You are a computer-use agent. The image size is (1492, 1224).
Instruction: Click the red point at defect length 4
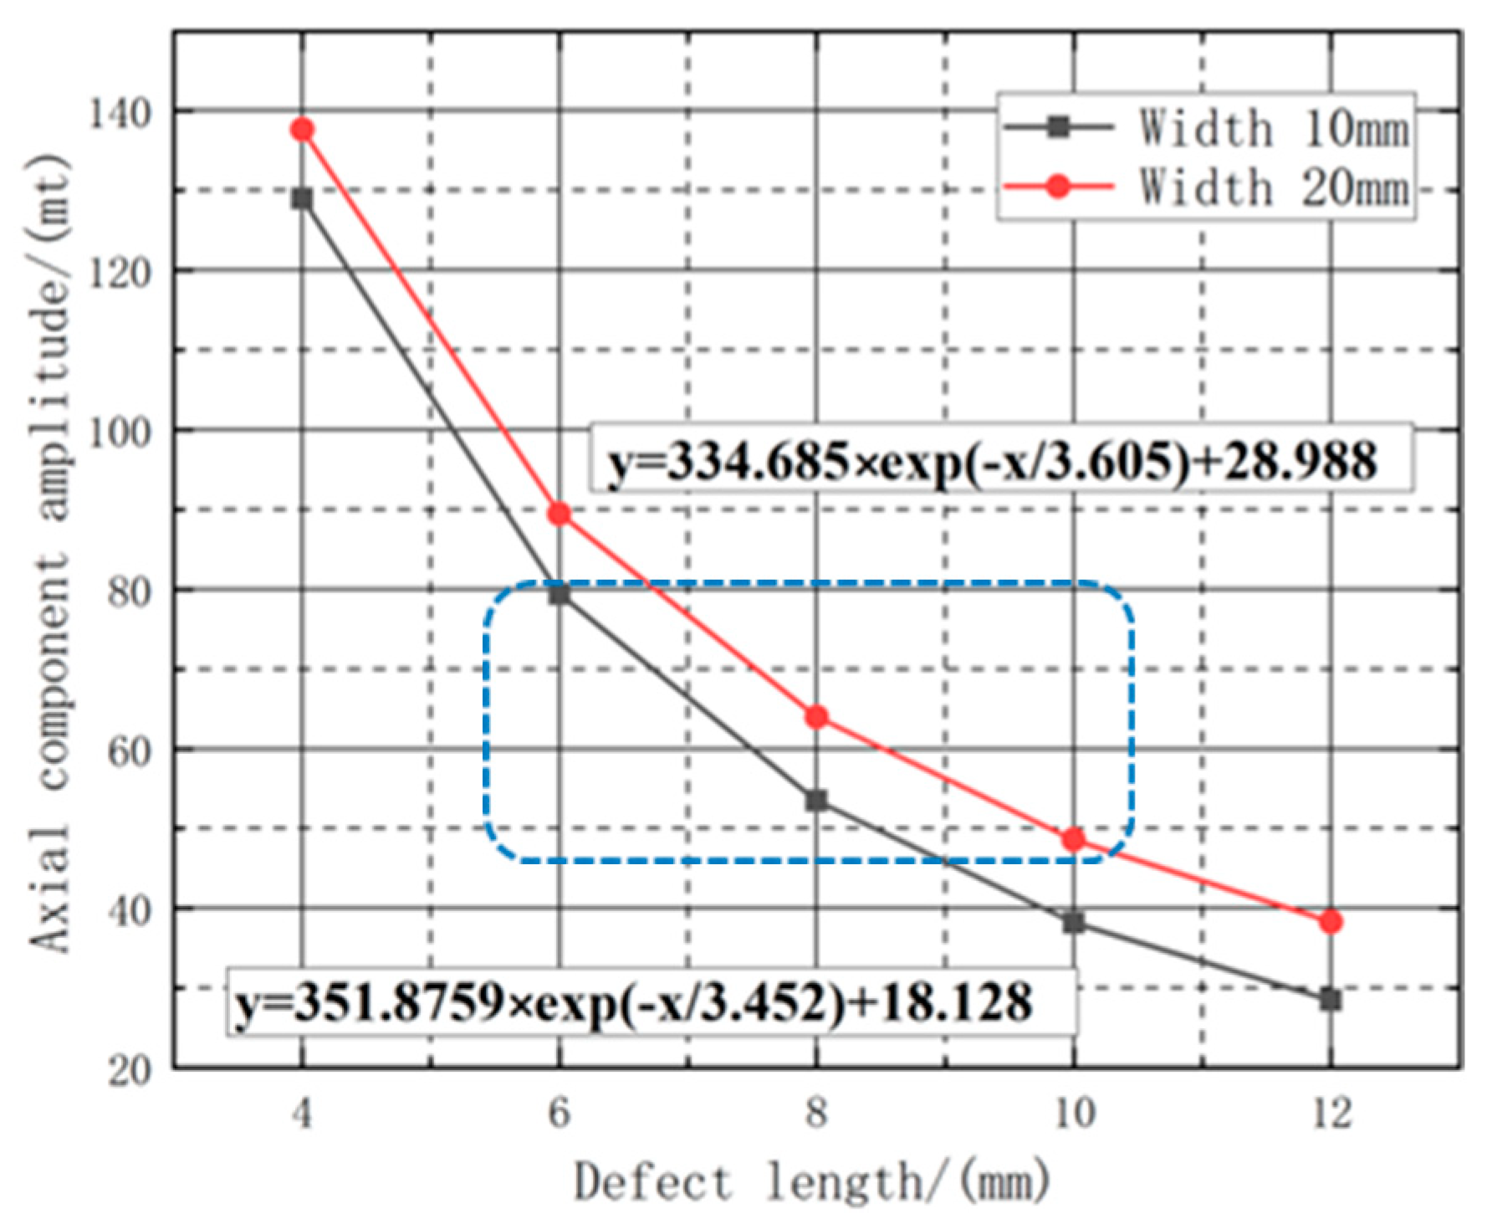pyautogui.click(x=303, y=130)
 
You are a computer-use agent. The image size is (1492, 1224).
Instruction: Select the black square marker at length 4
pyautogui.click(x=303, y=199)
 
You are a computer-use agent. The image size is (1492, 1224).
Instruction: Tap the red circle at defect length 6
pyautogui.click(x=559, y=514)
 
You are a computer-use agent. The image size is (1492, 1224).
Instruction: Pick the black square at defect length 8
pyautogui.click(x=816, y=801)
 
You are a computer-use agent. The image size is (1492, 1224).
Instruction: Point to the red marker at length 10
pyautogui.click(x=1074, y=839)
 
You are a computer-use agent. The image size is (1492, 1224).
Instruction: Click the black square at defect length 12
pyautogui.click(x=1331, y=999)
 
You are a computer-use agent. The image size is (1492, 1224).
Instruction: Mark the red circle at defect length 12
pyautogui.click(x=1331, y=922)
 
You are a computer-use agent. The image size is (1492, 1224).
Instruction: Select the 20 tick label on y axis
pyautogui.click(x=130, y=1070)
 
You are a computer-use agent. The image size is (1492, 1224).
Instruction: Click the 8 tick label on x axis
pyautogui.click(x=816, y=1114)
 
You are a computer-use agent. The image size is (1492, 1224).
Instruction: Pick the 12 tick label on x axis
pyautogui.click(x=1331, y=1114)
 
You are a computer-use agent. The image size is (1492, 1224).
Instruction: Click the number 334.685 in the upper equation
pyautogui.click(x=758, y=461)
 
